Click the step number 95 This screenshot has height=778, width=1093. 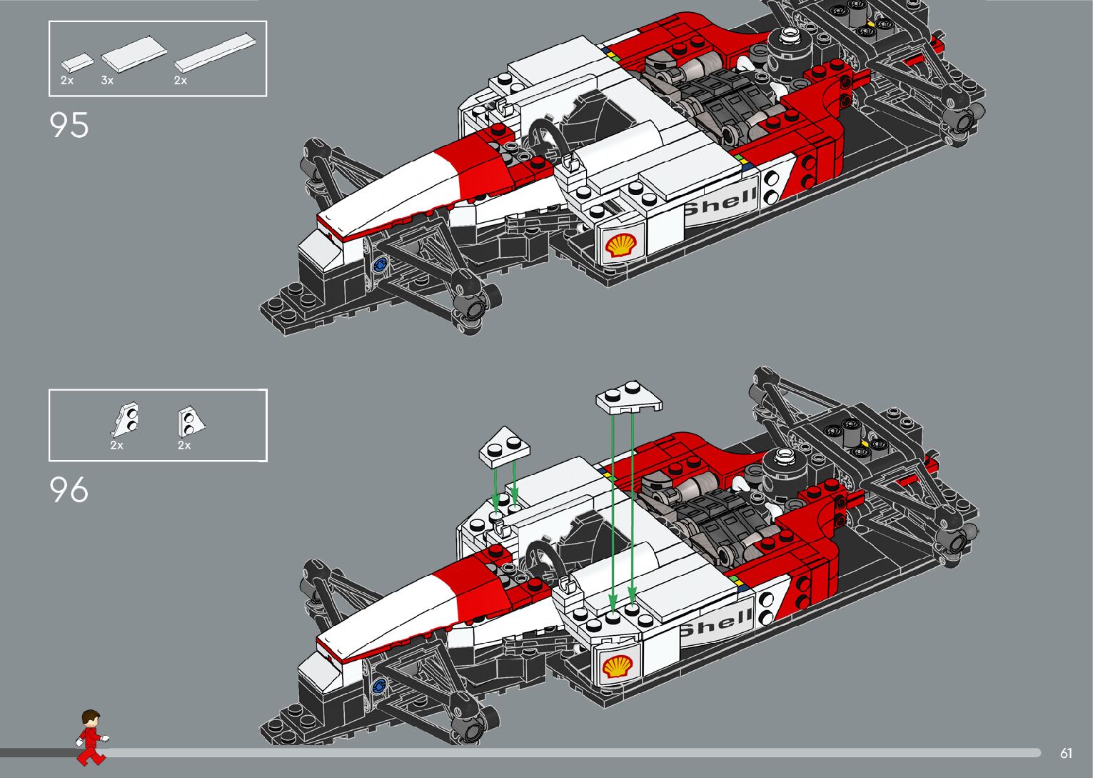tap(69, 125)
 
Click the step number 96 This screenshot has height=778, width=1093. tap(69, 490)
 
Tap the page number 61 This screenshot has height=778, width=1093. tap(1066, 753)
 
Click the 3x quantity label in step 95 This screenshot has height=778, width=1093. tap(107, 81)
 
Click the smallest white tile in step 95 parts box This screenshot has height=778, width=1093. tap(77, 62)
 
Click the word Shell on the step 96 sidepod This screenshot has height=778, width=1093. tap(717, 623)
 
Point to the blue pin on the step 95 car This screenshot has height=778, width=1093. tap(380, 264)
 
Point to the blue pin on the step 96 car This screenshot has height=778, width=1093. tap(378, 687)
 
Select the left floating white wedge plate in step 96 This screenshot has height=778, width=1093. tap(504, 447)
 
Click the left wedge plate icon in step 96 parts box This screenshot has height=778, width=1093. tap(126, 419)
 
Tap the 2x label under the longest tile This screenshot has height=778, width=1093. tap(180, 81)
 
